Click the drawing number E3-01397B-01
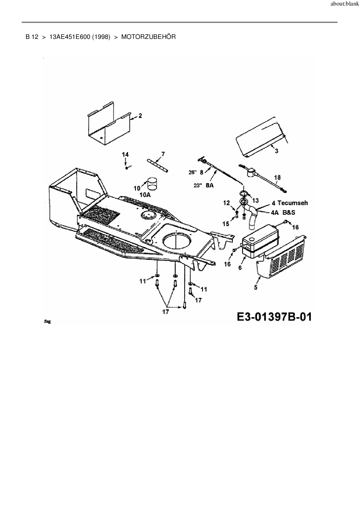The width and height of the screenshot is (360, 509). pyautogui.click(x=274, y=316)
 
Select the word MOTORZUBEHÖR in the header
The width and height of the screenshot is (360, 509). pyautogui.click(x=148, y=37)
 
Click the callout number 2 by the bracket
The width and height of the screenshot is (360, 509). pyautogui.click(x=140, y=115)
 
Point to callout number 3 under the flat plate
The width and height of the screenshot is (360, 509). pyautogui.click(x=276, y=151)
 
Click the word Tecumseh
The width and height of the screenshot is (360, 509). pyautogui.click(x=293, y=203)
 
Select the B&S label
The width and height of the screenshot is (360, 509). pyautogui.click(x=289, y=212)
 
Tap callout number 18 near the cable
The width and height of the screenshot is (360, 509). pyautogui.click(x=277, y=177)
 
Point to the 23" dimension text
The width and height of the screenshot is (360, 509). pyautogui.click(x=198, y=185)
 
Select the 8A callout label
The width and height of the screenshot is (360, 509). pyautogui.click(x=209, y=185)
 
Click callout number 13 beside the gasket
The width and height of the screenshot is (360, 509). pyautogui.click(x=255, y=200)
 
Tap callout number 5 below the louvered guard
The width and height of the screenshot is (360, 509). pyautogui.click(x=255, y=287)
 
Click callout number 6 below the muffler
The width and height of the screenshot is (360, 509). pyautogui.click(x=240, y=267)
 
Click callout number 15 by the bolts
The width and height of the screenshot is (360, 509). pyautogui.click(x=226, y=223)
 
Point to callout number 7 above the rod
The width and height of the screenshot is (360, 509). pyautogui.click(x=163, y=154)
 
